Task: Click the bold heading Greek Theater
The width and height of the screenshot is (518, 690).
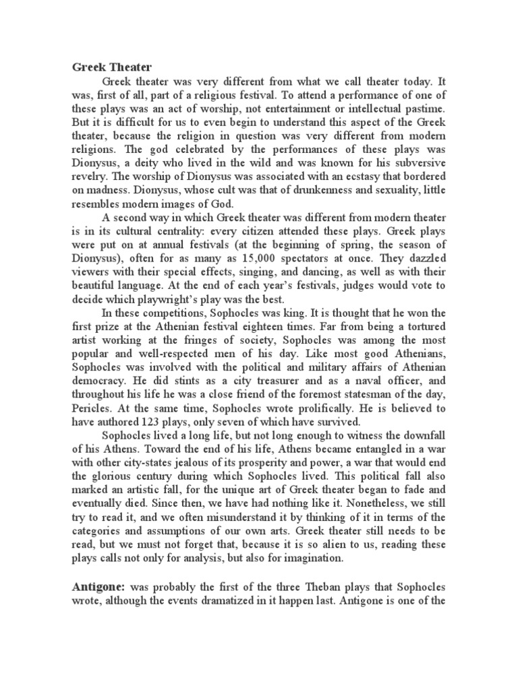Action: [113, 67]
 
